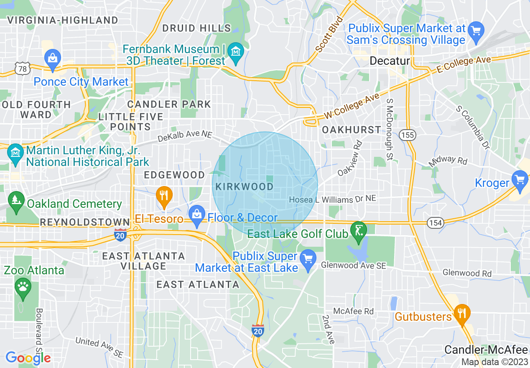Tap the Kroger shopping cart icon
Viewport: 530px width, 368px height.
(520, 181)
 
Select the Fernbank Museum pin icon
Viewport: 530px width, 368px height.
(237, 52)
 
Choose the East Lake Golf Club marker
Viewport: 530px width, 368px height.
(358, 231)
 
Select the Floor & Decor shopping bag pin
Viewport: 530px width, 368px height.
(196, 215)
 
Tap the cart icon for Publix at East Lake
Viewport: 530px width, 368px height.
(308, 259)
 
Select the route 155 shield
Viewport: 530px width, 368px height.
(406, 135)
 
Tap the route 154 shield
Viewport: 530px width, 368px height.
(435, 223)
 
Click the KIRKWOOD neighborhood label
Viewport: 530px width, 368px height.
(244, 187)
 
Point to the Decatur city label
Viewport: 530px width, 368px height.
(390, 61)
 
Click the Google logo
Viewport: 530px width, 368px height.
(28, 358)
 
